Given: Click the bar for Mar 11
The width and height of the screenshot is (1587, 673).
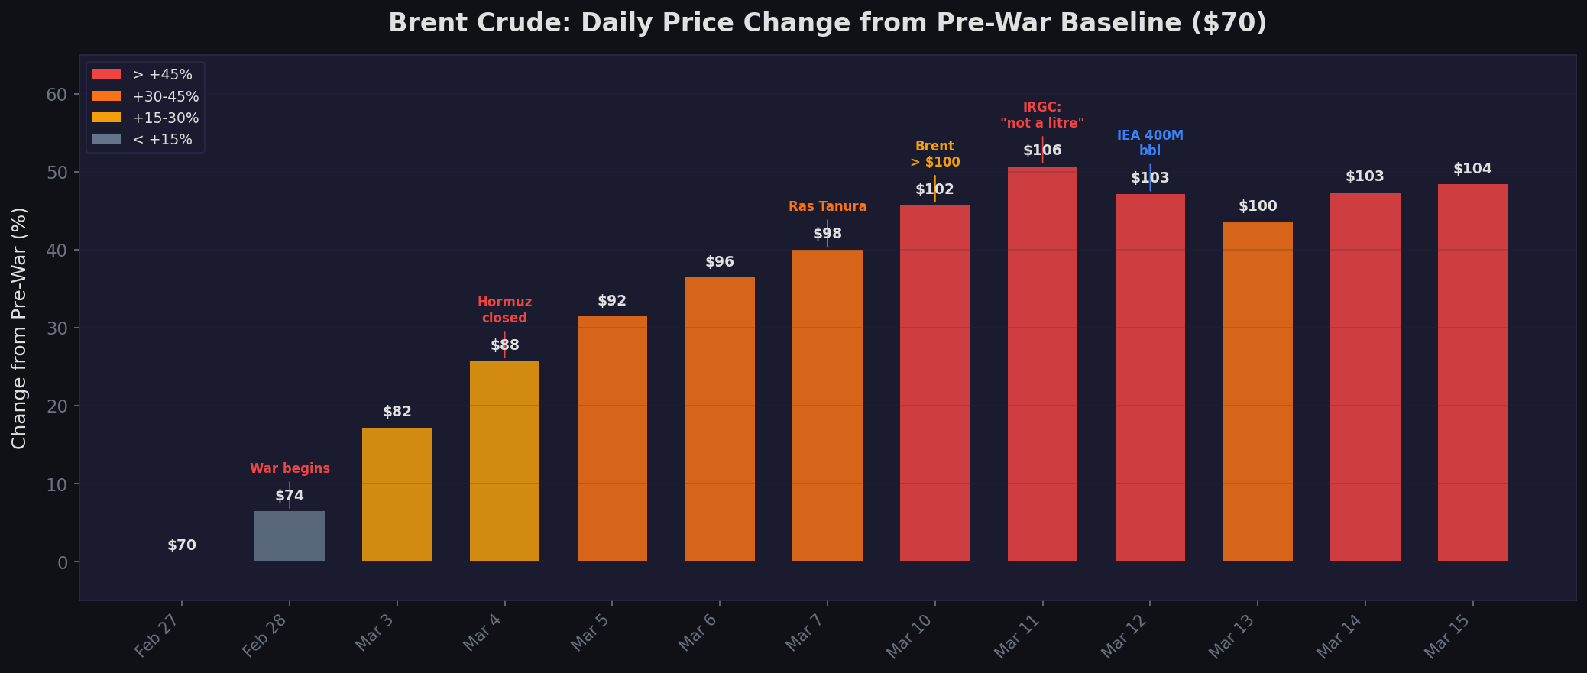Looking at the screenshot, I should (x=1042, y=364).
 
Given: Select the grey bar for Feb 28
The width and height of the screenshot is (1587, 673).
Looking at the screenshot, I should (x=290, y=536).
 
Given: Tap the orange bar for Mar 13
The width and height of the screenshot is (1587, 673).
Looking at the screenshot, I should (x=1258, y=392).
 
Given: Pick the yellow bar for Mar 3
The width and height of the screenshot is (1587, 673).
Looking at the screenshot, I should (x=397, y=494).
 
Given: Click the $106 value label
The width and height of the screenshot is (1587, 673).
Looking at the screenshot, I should (x=1042, y=150).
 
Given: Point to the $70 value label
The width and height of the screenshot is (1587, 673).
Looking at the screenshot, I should (x=182, y=545).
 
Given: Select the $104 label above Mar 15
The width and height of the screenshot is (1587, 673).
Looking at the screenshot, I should (x=1472, y=169).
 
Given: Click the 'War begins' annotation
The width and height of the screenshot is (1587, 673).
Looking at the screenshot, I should (x=290, y=468).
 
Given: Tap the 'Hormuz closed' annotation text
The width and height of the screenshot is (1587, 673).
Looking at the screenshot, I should (x=504, y=310).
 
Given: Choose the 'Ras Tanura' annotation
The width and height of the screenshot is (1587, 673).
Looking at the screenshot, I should (x=828, y=206).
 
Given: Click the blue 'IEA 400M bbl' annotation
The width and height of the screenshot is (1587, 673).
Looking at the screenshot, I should (x=1150, y=143).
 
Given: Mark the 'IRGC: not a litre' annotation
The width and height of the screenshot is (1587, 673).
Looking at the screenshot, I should (x=1042, y=115).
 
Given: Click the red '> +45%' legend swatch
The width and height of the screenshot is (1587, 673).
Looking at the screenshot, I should (x=106, y=74).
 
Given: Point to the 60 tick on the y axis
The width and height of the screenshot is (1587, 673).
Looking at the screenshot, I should (x=57, y=95).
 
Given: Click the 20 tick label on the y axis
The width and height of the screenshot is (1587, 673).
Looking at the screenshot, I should (x=57, y=406).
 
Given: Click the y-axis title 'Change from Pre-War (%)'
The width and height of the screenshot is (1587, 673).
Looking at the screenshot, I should (x=20, y=328).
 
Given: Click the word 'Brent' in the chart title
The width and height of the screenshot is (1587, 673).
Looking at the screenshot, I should (x=421, y=23).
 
